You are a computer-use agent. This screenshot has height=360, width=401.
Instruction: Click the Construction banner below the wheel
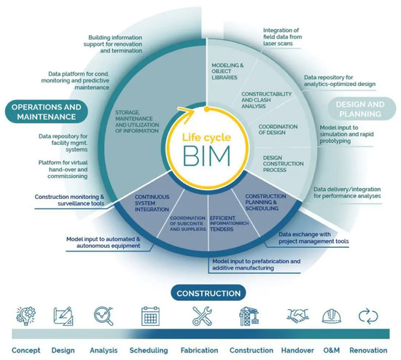[x=206, y=294]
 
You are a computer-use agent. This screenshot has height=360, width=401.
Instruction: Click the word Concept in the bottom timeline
[x=26, y=350]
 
